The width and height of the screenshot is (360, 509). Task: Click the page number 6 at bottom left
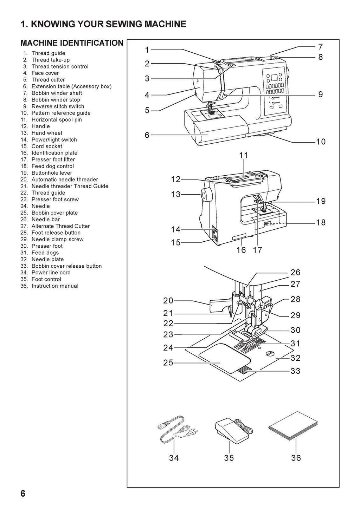point(23,493)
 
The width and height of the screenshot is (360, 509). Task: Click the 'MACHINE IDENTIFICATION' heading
point(72,43)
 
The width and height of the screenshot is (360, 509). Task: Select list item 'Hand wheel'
point(47,133)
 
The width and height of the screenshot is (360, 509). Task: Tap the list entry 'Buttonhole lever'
point(52,173)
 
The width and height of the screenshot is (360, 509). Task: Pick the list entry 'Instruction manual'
point(55,286)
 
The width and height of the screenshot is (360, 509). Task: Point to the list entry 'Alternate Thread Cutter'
point(60,226)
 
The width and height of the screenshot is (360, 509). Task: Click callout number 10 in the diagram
point(320,142)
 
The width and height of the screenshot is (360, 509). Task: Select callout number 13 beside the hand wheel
point(175,194)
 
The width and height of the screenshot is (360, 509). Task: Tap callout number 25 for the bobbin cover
point(168,363)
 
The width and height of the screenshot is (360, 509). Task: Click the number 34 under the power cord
point(174,458)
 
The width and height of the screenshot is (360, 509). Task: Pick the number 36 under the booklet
point(296,458)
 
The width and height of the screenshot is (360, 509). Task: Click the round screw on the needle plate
point(270,353)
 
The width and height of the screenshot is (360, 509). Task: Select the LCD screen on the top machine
point(274,78)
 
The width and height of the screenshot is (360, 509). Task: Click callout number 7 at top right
point(320,47)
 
